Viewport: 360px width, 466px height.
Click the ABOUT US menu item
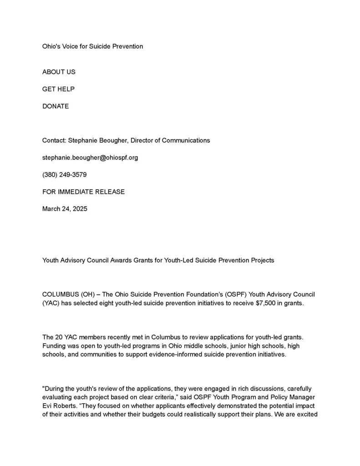pyautogui.click(x=59, y=72)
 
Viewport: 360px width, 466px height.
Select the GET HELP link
pyautogui.click(x=58, y=89)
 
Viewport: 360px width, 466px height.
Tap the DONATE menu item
pyautogui.click(x=56, y=106)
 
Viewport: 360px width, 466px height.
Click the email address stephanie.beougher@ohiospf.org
pyautogui.click(x=90, y=157)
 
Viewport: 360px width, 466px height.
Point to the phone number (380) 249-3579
pyautogui.click(x=64, y=175)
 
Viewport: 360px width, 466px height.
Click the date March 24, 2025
pyautogui.click(x=65, y=209)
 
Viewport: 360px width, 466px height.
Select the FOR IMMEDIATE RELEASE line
pyautogui.click(x=83, y=192)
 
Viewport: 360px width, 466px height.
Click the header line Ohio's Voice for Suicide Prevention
pyautogui.click(x=92, y=46)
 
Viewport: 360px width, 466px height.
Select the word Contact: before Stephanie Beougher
pyautogui.click(x=54, y=140)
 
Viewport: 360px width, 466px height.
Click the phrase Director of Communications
pyautogui.click(x=170, y=140)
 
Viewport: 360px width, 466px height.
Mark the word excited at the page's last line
pyautogui.click(x=306, y=415)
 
